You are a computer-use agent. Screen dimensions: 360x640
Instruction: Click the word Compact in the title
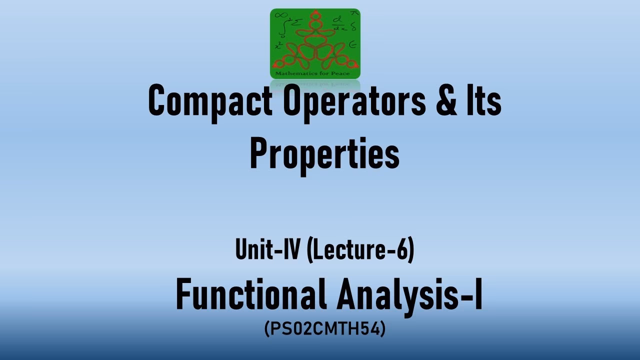click(210, 101)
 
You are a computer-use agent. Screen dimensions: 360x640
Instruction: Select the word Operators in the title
click(354, 101)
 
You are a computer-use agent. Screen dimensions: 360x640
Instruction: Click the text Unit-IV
click(266, 250)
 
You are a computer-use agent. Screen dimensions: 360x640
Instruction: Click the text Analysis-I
click(410, 295)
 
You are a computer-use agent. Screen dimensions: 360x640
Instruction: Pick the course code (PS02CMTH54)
click(324, 329)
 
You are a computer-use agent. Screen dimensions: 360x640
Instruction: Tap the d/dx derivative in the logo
click(340, 22)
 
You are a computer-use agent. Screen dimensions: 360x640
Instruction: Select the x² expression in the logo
click(278, 45)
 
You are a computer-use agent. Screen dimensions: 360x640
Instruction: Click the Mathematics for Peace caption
click(315, 74)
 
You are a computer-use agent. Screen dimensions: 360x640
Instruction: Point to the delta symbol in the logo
click(352, 27)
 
